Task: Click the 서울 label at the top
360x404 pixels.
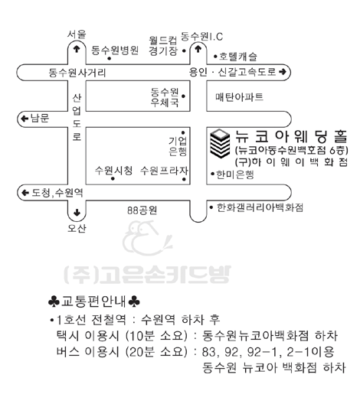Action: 77,34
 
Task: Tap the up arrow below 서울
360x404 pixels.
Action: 77,49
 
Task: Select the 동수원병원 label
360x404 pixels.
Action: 115,50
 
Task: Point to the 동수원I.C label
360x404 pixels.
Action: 201,36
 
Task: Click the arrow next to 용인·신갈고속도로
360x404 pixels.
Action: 283,72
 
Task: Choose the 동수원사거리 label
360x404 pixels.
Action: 77,73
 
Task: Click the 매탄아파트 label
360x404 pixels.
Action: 239,97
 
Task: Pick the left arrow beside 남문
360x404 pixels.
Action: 25,119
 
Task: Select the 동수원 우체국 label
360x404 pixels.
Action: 165,97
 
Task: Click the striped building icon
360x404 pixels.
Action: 220,143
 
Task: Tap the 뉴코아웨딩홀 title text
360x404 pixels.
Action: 291,136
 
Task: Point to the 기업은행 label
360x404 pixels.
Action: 178,146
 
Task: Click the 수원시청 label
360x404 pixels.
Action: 113,171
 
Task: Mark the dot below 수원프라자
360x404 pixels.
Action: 184,179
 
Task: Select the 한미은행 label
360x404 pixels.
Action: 235,174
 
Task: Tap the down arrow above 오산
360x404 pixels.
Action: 77,213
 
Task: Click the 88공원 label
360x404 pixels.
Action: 142,210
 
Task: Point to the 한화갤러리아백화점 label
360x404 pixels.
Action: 260,207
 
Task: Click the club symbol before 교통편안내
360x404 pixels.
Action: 54,301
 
